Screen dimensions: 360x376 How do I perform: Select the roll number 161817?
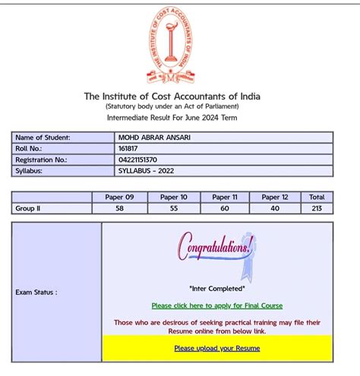coord(129,149)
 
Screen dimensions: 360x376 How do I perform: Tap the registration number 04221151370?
coord(137,160)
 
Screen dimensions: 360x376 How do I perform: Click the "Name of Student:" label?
coord(43,137)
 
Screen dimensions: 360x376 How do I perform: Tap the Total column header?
coord(317,197)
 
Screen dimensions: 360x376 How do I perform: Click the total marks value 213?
coord(317,207)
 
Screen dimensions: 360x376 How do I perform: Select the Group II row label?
coord(28,207)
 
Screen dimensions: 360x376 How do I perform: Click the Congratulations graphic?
coord(216,250)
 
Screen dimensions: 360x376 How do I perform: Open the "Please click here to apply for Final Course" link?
coord(216,305)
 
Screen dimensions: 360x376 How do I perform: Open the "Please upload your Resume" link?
coord(216,349)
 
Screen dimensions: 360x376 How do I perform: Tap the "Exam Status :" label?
coord(36,292)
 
